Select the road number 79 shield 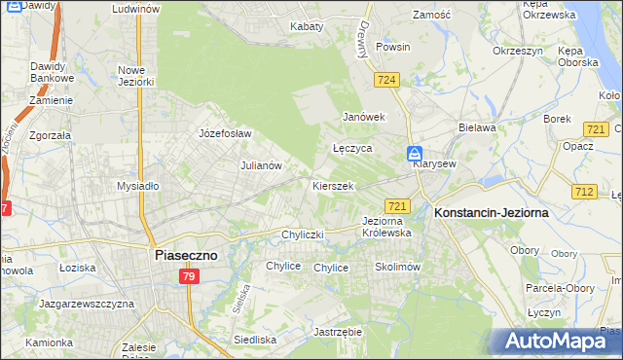[x=190, y=277]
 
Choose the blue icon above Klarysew [x=415, y=153]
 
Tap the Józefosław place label [x=225, y=133]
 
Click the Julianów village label [x=261, y=165]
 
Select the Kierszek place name [x=332, y=185]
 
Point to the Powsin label [x=393, y=47]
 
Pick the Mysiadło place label [x=137, y=185]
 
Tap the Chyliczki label [x=302, y=234]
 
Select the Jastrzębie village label [x=338, y=332]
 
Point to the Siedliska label [x=256, y=340]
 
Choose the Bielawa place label [x=478, y=127]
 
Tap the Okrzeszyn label [x=517, y=50]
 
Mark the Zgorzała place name [x=51, y=136]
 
